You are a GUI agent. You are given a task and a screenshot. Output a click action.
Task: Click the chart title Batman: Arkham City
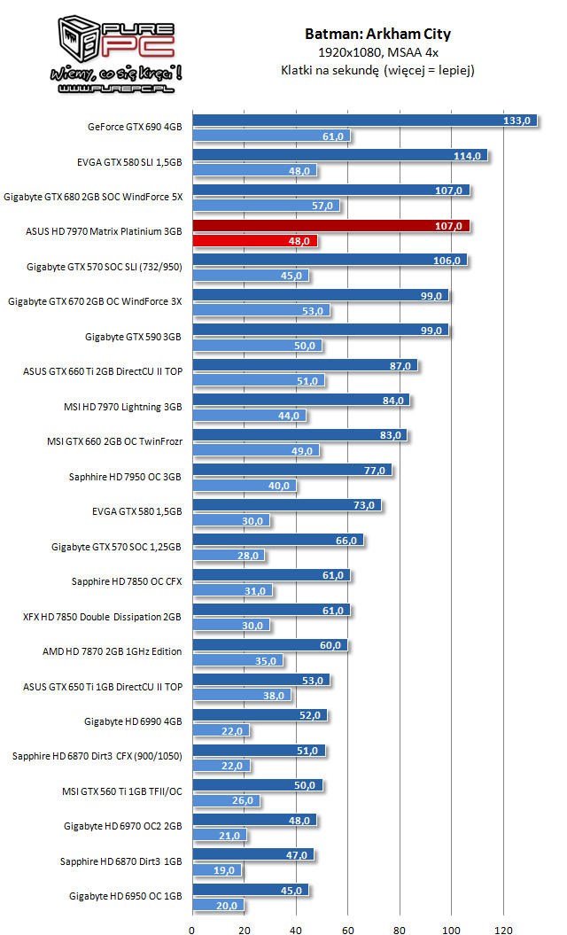point(377,35)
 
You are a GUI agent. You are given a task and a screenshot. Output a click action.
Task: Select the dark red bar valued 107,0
point(330,226)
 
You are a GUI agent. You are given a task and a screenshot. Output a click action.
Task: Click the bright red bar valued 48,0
point(254,240)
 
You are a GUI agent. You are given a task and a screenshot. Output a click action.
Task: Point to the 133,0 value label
point(517,121)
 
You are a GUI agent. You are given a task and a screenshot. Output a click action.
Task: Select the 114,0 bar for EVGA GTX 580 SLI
point(339,156)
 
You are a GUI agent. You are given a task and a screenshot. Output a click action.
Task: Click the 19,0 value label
point(225,871)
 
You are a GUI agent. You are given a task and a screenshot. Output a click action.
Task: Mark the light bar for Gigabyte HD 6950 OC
point(218,906)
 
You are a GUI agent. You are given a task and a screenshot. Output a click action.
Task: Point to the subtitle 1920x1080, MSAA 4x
point(377,53)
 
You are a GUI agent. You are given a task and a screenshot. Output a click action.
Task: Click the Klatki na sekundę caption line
point(377,70)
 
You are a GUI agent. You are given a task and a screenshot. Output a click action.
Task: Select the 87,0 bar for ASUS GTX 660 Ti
point(304,366)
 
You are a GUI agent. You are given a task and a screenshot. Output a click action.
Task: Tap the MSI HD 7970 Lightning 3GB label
point(124,406)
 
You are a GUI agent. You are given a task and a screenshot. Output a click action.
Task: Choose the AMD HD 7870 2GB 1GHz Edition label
point(112,651)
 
